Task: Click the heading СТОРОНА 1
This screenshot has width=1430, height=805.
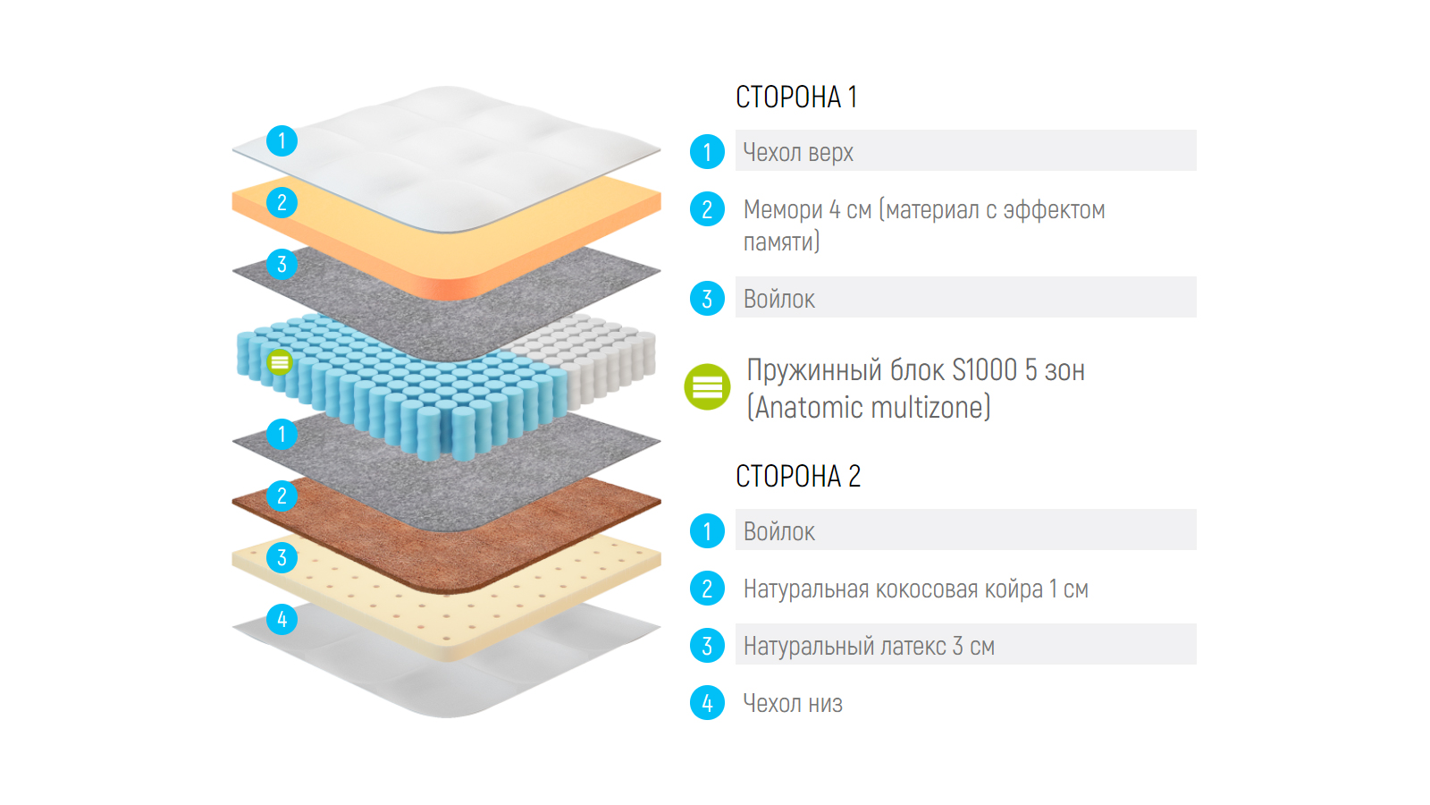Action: tap(795, 97)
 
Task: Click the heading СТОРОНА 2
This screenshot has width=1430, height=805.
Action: tap(797, 476)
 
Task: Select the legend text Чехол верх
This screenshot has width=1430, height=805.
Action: tap(798, 152)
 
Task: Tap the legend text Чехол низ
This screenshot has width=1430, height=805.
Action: tap(793, 703)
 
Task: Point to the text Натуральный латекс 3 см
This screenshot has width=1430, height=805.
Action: tap(869, 646)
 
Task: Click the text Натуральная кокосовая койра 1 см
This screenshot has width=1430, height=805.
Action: tap(915, 589)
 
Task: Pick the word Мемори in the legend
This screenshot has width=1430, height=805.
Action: tap(783, 209)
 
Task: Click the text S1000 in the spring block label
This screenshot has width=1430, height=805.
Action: tap(984, 369)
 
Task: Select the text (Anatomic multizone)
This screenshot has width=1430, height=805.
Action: tap(869, 408)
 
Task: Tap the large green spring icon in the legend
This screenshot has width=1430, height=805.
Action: tap(707, 387)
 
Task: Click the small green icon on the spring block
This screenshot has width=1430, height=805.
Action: tap(280, 362)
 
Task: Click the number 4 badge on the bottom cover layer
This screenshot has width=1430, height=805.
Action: tap(282, 619)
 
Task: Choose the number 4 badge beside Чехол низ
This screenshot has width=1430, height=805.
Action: tap(707, 703)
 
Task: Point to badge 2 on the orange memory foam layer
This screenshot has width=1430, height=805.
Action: tap(282, 203)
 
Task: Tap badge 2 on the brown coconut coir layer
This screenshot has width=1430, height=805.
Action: tap(282, 496)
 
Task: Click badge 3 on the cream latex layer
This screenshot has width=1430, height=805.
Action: tap(282, 557)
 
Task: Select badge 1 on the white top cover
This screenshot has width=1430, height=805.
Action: tap(282, 140)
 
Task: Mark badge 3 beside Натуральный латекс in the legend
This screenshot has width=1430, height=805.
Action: tap(707, 646)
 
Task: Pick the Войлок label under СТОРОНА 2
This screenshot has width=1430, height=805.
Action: tap(778, 531)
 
